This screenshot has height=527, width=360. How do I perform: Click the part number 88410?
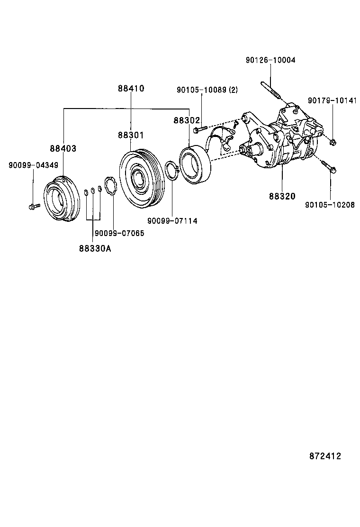[x=131, y=89]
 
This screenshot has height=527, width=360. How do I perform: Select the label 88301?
[x=131, y=136]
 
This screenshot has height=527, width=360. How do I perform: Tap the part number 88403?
[x=63, y=148]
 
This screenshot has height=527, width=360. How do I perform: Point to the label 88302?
[x=187, y=121]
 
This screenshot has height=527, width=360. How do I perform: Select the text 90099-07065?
[x=119, y=233]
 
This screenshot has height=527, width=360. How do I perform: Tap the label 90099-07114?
[x=172, y=221]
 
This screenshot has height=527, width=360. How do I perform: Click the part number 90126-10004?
[x=270, y=60]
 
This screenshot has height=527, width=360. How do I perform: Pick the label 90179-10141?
[x=333, y=100]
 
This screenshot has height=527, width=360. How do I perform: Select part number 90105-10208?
[x=330, y=205]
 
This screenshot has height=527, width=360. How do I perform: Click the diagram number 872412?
[x=325, y=456]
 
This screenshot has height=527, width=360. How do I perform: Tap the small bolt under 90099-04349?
[x=33, y=206]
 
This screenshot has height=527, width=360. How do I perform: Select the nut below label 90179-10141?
[x=333, y=141]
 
